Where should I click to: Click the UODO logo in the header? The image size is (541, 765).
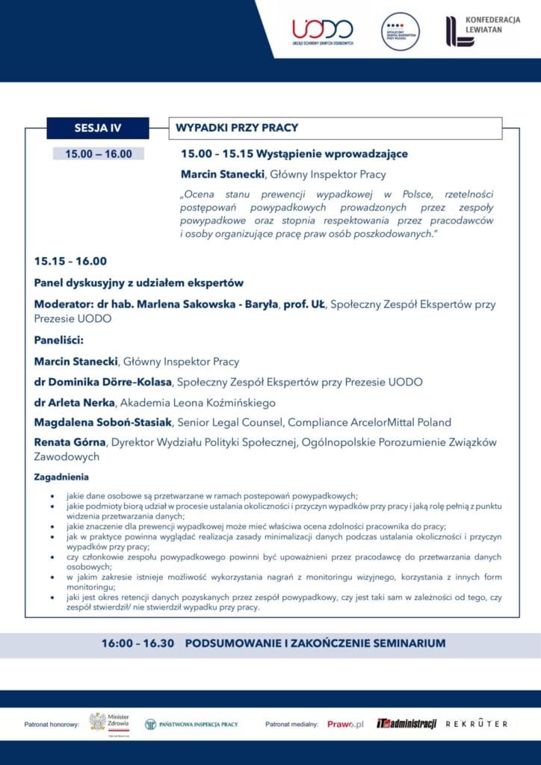pyautogui.click(x=323, y=32)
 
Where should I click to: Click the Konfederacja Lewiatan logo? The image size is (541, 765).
pyautogui.click(x=483, y=31)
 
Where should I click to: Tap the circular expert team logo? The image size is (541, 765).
pyautogui.click(x=401, y=32)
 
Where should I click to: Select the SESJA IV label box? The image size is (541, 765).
pyautogui.click(x=98, y=128)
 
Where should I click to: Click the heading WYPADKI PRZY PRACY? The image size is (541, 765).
pyautogui.click(x=237, y=128)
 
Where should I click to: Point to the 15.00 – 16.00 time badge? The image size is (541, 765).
pyautogui.click(x=99, y=154)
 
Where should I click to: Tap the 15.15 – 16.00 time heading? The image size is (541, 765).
pyautogui.click(x=70, y=261)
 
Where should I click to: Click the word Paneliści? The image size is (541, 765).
pyautogui.click(x=59, y=340)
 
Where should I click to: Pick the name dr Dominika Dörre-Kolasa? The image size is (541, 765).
pyautogui.click(x=103, y=382)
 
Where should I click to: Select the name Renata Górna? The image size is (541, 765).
pyautogui.click(x=69, y=442)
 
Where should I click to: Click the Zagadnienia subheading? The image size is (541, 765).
pyautogui.click(x=62, y=477)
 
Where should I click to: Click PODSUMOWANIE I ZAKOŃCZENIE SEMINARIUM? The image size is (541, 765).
pyautogui.click(x=315, y=643)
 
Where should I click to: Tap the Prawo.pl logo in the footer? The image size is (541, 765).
pyautogui.click(x=345, y=724)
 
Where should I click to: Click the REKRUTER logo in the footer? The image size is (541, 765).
pyautogui.click(x=477, y=724)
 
